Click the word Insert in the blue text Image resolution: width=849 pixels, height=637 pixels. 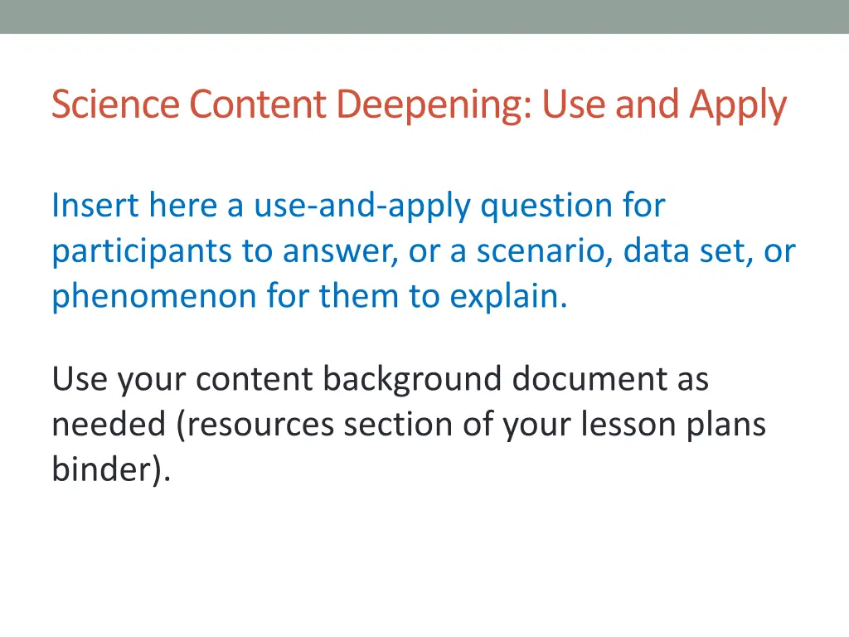95,205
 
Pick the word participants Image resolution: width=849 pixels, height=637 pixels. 142,250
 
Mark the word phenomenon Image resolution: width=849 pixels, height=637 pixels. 154,296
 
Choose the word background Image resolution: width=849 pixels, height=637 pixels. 412,379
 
